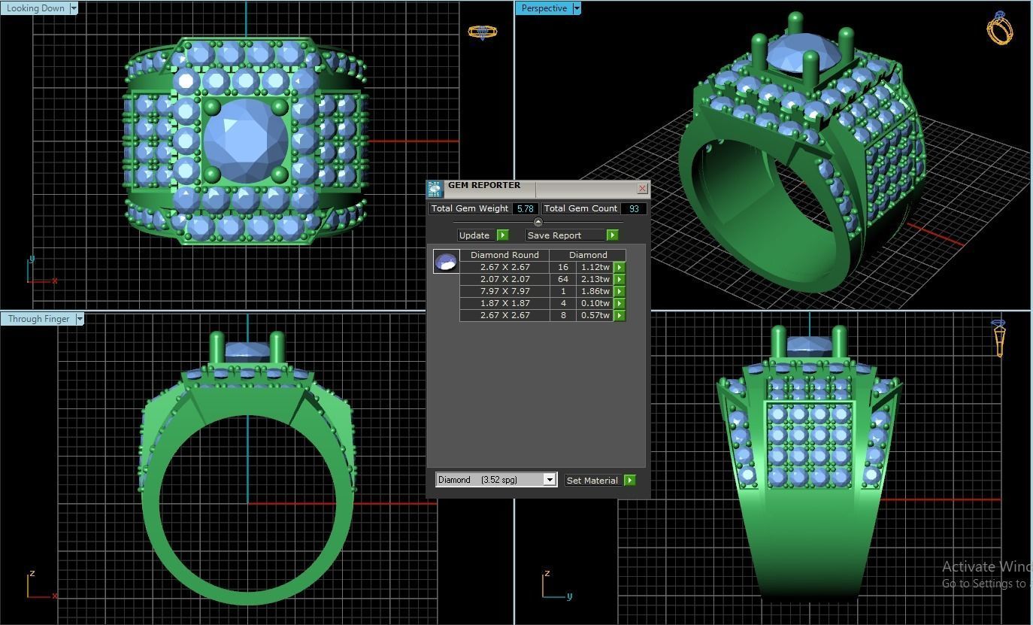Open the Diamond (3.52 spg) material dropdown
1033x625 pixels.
click(x=550, y=480)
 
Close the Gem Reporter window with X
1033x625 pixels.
click(x=642, y=188)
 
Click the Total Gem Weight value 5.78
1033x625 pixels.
click(x=525, y=208)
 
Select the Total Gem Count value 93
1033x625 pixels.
click(x=634, y=208)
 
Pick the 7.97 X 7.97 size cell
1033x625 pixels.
click(x=504, y=291)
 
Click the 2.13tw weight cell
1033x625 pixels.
click(x=595, y=279)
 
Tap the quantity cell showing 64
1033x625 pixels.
click(x=562, y=279)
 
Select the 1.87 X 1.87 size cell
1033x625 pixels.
click(x=504, y=303)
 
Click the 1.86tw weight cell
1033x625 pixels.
click(x=595, y=291)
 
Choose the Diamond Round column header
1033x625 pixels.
click(x=504, y=255)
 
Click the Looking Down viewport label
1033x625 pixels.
click(x=35, y=8)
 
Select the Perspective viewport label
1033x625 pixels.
click(x=544, y=8)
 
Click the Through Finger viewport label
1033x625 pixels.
click(x=38, y=319)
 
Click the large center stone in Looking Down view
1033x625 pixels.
click(x=246, y=140)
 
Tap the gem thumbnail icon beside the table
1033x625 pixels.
click(x=446, y=262)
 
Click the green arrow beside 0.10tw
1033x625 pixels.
click(x=619, y=303)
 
